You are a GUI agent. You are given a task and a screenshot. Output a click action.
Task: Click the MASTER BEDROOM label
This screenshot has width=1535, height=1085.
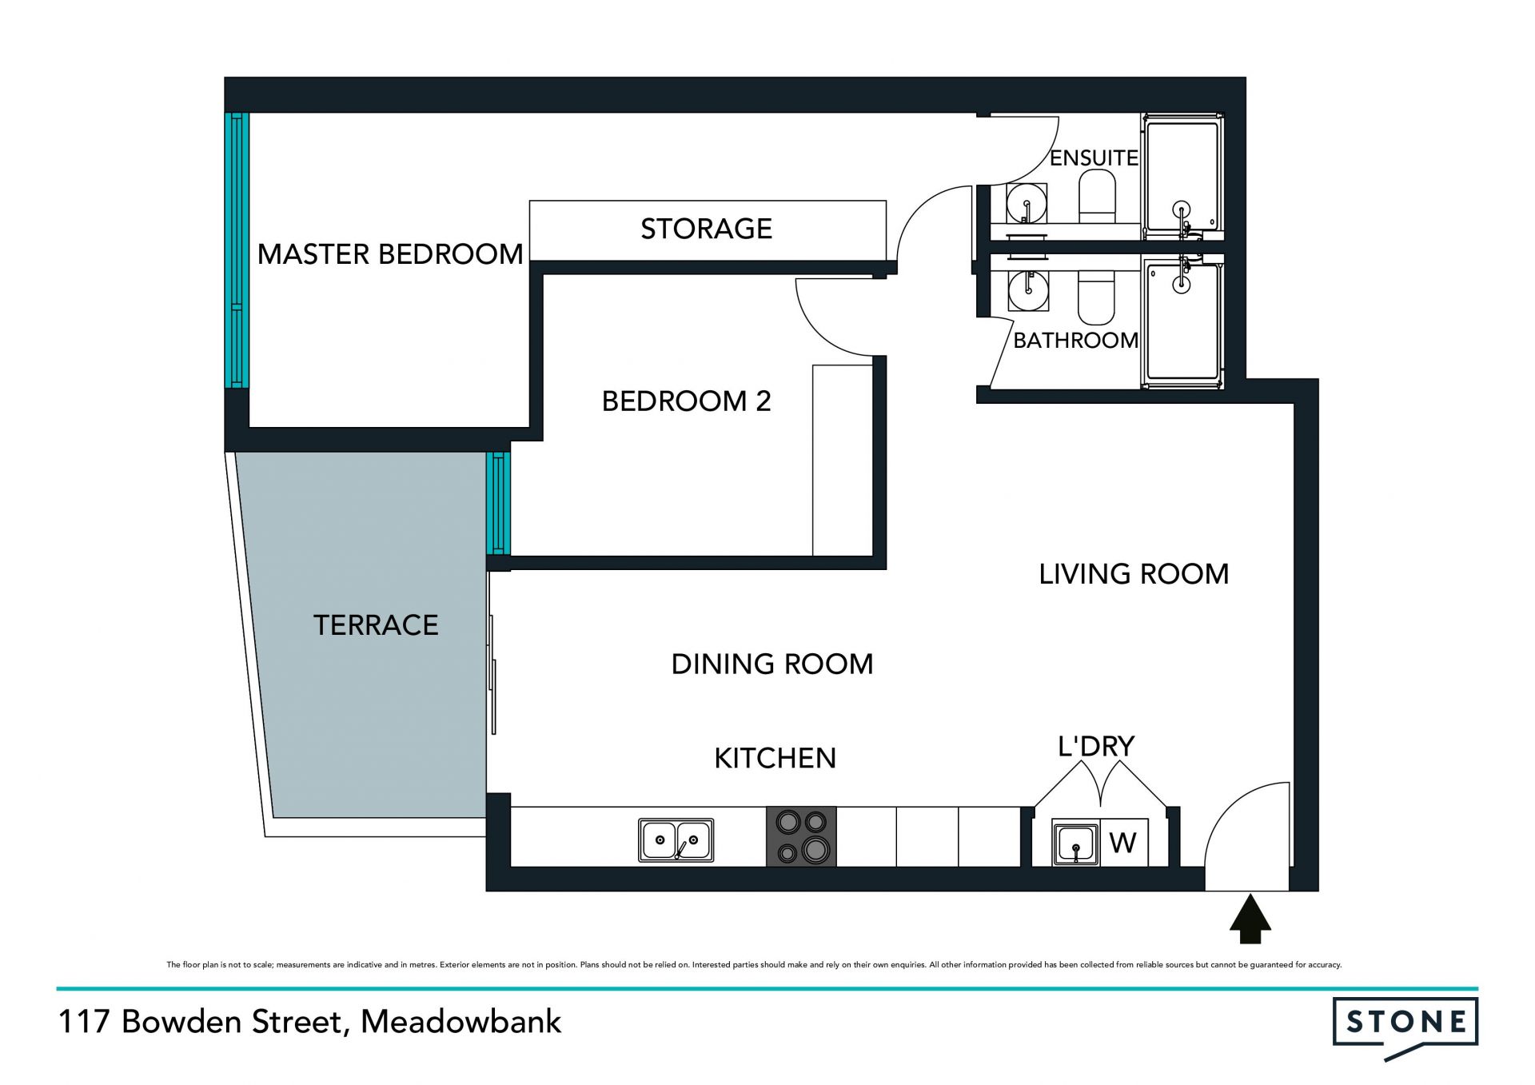(x=390, y=254)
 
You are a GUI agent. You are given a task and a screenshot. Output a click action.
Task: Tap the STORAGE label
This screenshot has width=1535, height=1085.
(x=706, y=229)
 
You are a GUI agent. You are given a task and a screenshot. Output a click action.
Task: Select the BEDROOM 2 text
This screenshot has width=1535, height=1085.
(x=686, y=401)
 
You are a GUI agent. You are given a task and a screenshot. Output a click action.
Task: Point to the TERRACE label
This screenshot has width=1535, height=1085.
(x=376, y=624)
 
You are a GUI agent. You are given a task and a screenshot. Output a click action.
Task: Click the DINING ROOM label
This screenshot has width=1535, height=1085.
(x=772, y=664)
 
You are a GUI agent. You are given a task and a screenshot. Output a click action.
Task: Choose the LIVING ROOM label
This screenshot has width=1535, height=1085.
(x=1134, y=573)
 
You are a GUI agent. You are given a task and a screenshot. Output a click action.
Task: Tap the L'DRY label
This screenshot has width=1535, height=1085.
(x=1096, y=746)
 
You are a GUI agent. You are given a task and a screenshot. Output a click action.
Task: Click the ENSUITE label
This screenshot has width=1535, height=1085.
(x=1094, y=158)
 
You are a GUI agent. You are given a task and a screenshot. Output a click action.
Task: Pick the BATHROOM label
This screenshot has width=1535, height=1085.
(x=1076, y=340)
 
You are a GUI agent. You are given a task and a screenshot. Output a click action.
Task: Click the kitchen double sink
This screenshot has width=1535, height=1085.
(x=676, y=840)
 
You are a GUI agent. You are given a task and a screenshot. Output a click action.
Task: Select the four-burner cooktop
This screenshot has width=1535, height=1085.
(x=801, y=836)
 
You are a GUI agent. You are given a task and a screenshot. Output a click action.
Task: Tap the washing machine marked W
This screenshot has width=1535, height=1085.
(x=1124, y=842)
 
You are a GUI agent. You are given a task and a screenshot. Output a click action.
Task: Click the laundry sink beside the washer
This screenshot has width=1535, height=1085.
(x=1075, y=843)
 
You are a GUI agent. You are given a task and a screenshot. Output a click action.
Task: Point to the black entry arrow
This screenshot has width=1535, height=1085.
(x=1250, y=919)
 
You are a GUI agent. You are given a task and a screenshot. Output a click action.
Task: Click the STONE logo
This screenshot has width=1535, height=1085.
(x=1405, y=1027)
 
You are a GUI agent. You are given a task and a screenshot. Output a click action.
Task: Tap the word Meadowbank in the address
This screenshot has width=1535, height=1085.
(x=461, y=1021)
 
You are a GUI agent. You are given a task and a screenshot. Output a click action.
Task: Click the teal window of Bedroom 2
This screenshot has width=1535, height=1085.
(x=498, y=504)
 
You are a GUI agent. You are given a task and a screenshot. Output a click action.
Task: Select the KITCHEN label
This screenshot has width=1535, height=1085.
(x=775, y=758)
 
